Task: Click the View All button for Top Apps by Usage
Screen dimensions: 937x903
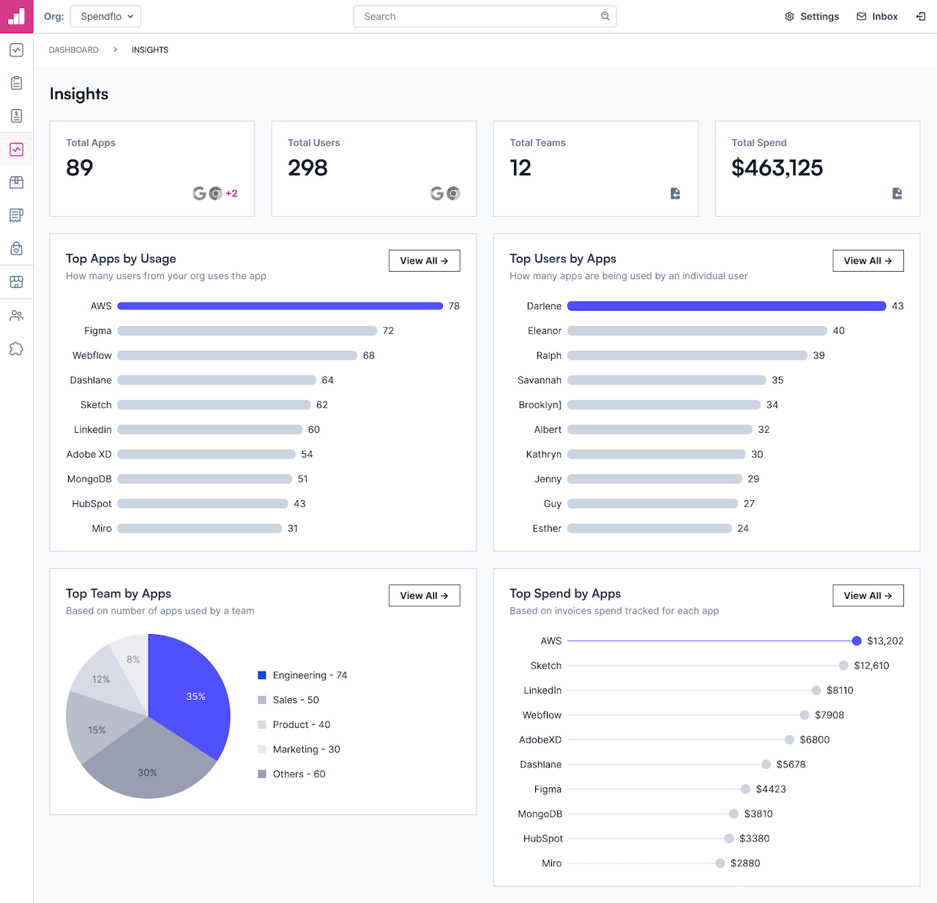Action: pos(424,261)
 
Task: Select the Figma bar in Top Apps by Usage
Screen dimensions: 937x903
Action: pos(247,331)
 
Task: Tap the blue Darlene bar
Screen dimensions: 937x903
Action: pos(726,306)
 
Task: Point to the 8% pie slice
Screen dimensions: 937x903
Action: pos(132,658)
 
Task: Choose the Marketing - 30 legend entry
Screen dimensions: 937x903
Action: pos(299,749)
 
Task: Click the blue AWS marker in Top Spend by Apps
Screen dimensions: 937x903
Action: pos(856,641)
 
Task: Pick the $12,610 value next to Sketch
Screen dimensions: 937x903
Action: pos(872,666)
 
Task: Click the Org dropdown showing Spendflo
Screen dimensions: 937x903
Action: pos(105,16)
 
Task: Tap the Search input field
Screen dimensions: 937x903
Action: pos(485,16)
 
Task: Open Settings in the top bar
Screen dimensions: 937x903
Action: pos(812,16)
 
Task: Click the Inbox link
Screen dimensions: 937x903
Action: pos(877,16)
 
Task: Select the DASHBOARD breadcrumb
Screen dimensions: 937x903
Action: pos(74,50)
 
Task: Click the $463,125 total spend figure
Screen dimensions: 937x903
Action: pos(777,168)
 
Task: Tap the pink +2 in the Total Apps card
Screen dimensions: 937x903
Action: pos(231,193)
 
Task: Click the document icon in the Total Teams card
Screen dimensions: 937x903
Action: pos(675,193)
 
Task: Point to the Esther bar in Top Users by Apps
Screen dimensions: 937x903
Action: pos(649,528)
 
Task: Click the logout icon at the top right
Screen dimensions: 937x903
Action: pos(921,16)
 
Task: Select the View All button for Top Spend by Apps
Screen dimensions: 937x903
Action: pos(867,595)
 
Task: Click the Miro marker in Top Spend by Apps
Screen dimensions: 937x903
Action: pos(720,863)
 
